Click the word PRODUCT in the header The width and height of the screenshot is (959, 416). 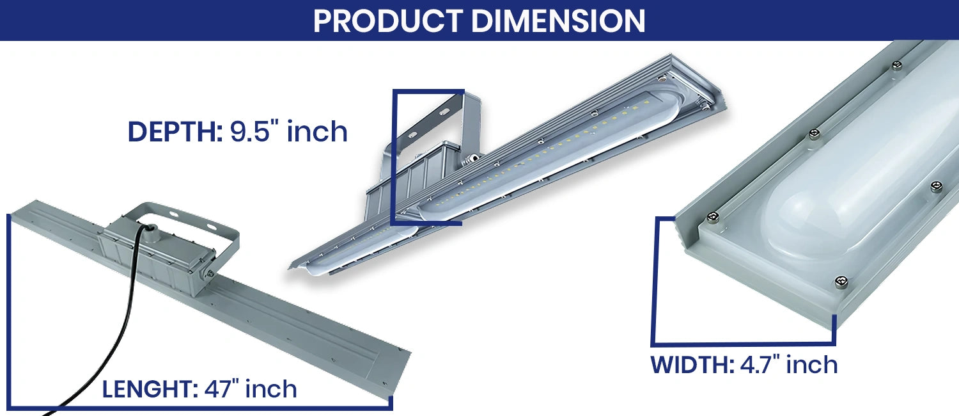coord(388,20)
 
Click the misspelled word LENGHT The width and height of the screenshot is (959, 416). coord(150,389)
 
